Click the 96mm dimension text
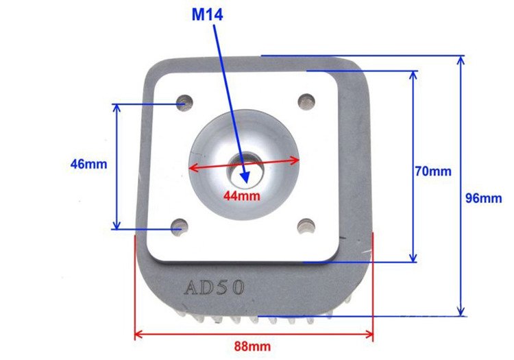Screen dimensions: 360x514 484,198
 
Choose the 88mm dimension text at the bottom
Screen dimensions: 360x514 254,347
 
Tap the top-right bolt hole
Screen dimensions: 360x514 306,101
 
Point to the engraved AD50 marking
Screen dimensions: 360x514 214,287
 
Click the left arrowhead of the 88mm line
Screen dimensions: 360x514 138,335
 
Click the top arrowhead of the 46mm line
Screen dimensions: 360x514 117,108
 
